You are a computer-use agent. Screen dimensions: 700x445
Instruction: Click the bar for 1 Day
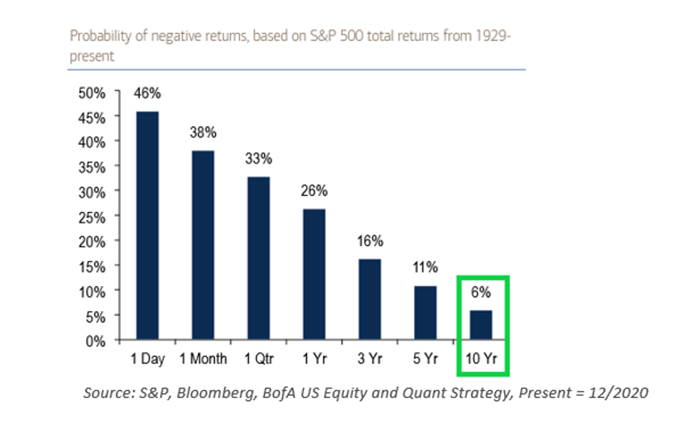click(147, 225)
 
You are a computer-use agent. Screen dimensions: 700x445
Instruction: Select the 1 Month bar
click(203, 245)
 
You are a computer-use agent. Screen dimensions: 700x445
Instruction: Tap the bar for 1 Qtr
click(259, 258)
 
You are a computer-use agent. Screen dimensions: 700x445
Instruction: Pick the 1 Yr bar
click(314, 274)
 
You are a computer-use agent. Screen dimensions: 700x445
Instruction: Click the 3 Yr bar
click(370, 299)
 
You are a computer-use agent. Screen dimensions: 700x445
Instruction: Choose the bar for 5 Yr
click(426, 313)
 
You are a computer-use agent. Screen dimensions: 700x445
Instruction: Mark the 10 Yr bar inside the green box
click(481, 325)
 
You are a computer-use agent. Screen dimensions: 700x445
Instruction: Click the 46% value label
click(147, 93)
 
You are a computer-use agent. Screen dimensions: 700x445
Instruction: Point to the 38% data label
click(203, 132)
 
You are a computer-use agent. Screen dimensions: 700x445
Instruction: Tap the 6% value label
click(481, 292)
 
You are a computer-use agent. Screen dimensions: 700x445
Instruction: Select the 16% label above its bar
click(370, 241)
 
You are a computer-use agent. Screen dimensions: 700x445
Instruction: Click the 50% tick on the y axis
click(92, 93)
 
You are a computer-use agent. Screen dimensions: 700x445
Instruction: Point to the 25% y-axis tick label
click(92, 218)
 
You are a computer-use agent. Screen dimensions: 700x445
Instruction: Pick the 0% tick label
click(95, 341)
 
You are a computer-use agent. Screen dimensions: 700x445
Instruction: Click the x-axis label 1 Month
click(203, 358)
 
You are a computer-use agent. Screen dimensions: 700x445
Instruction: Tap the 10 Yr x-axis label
click(481, 358)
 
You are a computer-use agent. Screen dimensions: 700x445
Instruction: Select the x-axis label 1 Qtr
click(259, 358)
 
